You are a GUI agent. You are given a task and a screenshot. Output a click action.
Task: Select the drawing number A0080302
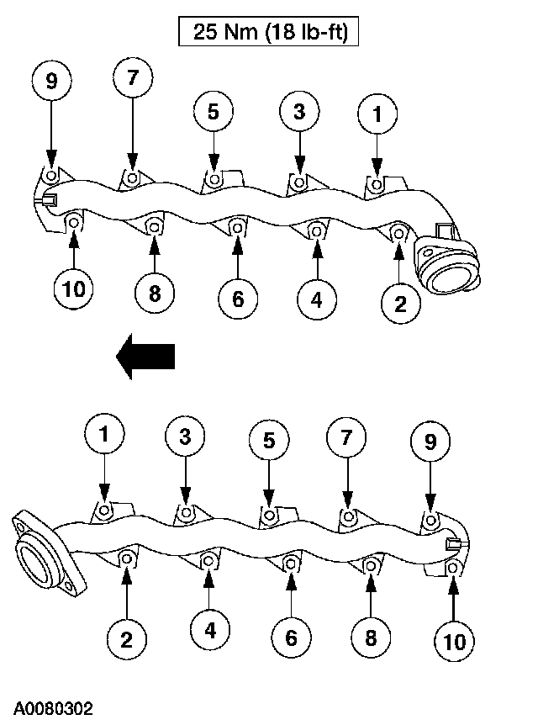(x=52, y=708)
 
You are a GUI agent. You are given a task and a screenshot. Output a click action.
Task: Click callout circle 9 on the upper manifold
(x=52, y=82)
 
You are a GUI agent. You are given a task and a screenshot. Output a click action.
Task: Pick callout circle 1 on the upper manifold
(x=377, y=115)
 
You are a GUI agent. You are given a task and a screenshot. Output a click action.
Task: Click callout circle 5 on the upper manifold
(x=214, y=112)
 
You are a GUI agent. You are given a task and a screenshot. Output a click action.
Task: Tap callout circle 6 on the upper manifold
(x=238, y=299)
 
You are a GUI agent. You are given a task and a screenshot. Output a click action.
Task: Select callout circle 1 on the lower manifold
(x=105, y=436)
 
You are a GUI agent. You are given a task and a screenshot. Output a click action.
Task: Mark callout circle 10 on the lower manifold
(x=453, y=642)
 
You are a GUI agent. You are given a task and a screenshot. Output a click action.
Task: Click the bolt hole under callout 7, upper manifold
(x=132, y=177)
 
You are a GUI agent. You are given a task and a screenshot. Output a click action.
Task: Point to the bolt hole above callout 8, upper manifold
(x=155, y=225)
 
